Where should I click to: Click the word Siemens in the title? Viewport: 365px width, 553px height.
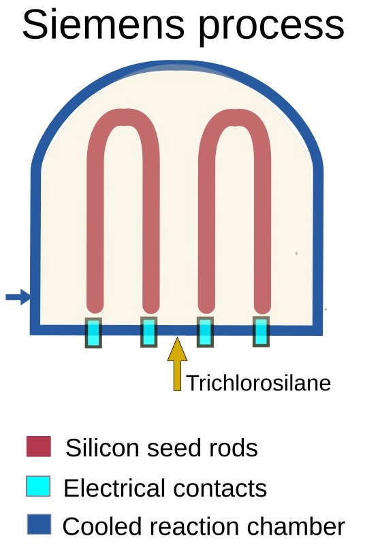103,24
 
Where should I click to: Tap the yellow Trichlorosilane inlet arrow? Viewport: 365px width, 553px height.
178,364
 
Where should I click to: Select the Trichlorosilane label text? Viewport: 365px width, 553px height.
258,383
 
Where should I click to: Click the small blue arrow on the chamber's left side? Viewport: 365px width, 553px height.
18,297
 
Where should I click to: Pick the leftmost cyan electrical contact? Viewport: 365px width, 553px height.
93,333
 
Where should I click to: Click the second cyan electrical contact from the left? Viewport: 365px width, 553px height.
149,332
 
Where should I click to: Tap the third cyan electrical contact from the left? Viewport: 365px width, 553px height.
205,332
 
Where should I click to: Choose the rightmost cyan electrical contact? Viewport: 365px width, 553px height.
261,331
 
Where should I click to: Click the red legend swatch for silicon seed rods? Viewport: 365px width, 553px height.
39,446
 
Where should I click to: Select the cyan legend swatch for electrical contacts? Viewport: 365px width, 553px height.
38,486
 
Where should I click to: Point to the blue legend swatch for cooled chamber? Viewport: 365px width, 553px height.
39,524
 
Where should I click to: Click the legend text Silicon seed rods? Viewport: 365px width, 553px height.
161,448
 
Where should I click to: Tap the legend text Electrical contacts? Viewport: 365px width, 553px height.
165,488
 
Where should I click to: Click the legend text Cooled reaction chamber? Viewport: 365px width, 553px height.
204,526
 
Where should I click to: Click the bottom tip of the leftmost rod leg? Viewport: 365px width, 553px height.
95,313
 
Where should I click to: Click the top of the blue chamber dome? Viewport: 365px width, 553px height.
178,65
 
